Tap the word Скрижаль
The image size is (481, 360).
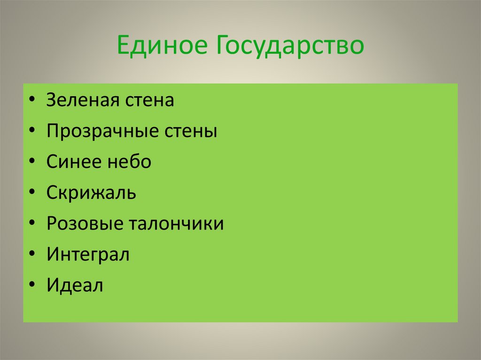point(91,193)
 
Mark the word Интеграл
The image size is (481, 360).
point(88,255)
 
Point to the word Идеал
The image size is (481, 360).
point(74,285)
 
